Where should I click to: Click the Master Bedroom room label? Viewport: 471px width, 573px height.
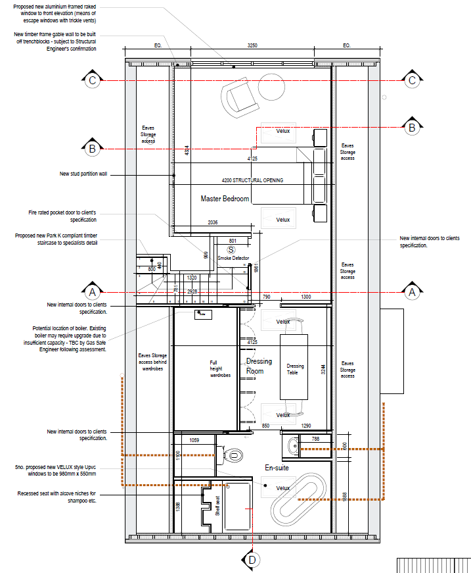(x=225, y=199)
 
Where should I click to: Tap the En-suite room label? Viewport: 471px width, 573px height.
(x=278, y=468)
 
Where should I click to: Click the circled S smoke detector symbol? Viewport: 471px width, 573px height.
(x=231, y=250)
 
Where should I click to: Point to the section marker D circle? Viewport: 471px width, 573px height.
(x=252, y=560)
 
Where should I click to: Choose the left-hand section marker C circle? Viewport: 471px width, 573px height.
(x=93, y=80)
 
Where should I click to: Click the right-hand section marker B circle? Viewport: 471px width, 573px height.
(x=412, y=127)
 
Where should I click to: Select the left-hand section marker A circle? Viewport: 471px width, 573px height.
(x=93, y=291)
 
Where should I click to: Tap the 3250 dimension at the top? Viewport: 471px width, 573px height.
(x=252, y=46)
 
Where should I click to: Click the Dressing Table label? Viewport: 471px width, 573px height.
(x=296, y=369)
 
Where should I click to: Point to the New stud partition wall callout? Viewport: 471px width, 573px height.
(x=83, y=174)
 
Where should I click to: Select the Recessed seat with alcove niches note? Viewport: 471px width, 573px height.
(x=57, y=497)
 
